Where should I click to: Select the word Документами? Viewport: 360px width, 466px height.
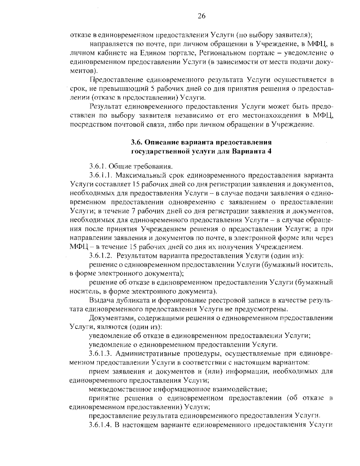[x=109, y=317]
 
